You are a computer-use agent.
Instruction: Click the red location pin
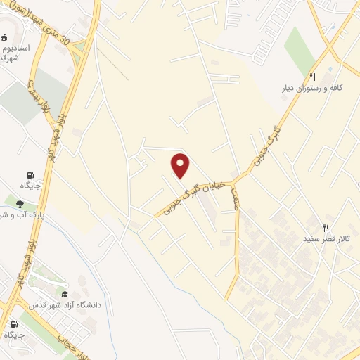pos(181,166)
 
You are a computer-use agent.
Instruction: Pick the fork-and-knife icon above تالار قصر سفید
pos(325,228)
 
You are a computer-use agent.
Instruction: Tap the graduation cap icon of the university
pos(65,295)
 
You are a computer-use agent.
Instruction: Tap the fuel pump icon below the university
pos(14,323)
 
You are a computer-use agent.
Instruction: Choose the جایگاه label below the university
pos(14,335)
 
